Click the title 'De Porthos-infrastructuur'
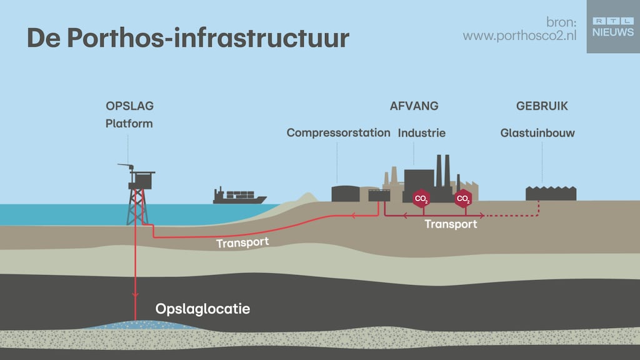pyautogui.click(x=187, y=38)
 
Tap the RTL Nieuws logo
pyautogui.click(x=612, y=26)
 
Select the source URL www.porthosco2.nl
pyautogui.click(x=519, y=36)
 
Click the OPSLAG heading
pyautogui.click(x=129, y=106)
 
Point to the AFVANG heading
pyautogui.click(x=414, y=106)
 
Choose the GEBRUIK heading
pyautogui.click(x=542, y=106)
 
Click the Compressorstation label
pyautogui.click(x=338, y=133)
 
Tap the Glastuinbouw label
pyautogui.click(x=537, y=133)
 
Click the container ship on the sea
pyautogui.click(x=239, y=196)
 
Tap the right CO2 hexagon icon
pyautogui.click(x=463, y=199)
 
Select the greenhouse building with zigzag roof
pyautogui.click(x=551, y=193)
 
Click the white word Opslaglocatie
pyautogui.click(x=202, y=309)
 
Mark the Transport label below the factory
pyautogui.click(x=451, y=224)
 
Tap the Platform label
pyautogui.click(x=129, y=123)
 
